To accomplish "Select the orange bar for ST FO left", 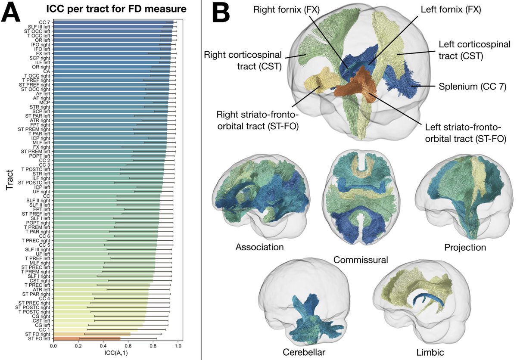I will (x=86, y=339).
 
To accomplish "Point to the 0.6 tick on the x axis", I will (x=128, y=346).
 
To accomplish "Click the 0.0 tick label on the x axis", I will (x=53, y=346).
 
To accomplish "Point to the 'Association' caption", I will (x=260, y=247).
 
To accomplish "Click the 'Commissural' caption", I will (x=361, y=260).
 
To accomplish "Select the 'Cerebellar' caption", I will (x=304, y=352).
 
